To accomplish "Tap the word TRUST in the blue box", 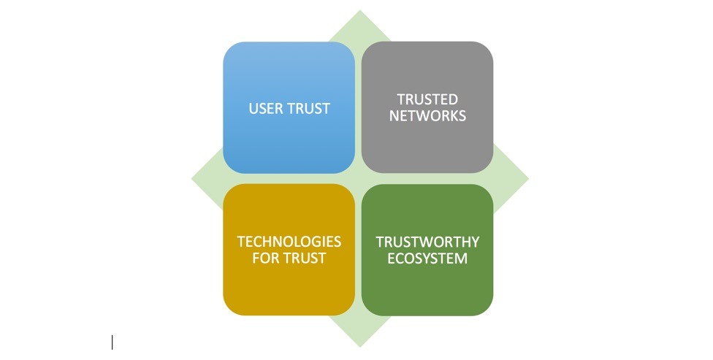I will (x=310, y=109).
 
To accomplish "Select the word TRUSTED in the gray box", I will (x=427, y=99).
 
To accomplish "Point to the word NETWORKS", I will (x=427, y=115).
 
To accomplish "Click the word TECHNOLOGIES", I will (x=289, y=242).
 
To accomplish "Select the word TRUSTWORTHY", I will (x=427, y=242).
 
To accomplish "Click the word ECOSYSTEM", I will (x=427, y=258).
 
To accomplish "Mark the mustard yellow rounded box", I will (x=289, y=288).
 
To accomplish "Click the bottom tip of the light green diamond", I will (x=359, y=345).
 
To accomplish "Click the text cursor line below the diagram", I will (x=112, y=342).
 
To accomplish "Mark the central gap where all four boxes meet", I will (x=359, y=179).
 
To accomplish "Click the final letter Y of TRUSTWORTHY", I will (x=475, y=242).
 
